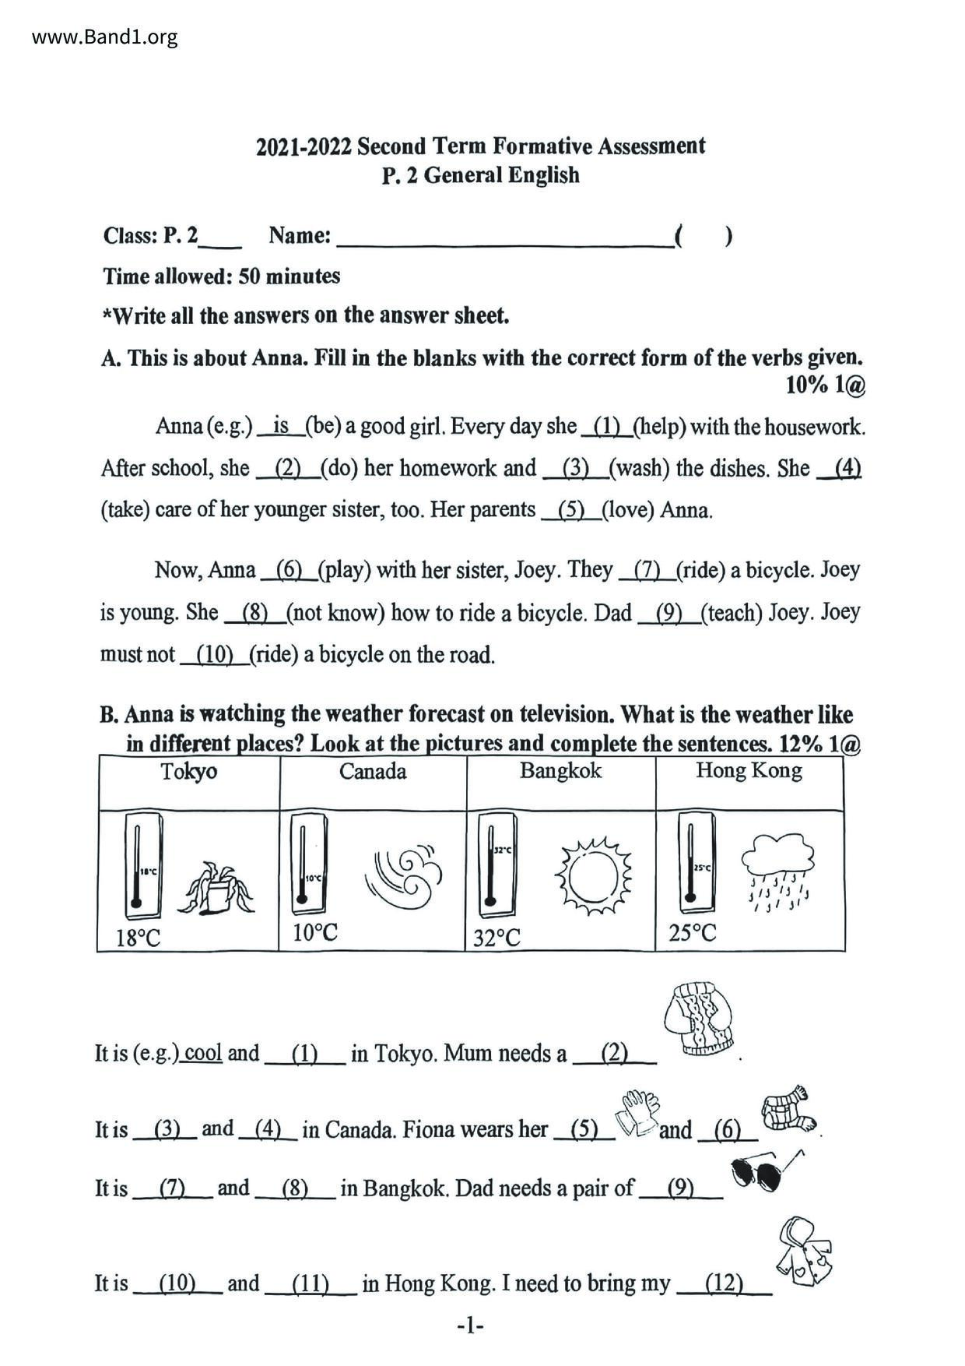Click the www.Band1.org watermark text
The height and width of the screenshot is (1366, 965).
(104, 37)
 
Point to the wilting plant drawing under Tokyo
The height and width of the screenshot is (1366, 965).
(216, 888)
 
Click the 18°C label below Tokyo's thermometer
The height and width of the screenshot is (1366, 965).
(138, 938)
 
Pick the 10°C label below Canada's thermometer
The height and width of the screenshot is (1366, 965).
(315, 932)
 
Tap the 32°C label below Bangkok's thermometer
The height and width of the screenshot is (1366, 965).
(497, 938)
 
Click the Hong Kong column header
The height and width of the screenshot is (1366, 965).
(749, 771)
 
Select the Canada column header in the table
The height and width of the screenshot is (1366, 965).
(373, 772)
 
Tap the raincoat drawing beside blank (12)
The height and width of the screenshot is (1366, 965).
(805, 1251)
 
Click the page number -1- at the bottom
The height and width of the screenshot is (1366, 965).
(471, 1326)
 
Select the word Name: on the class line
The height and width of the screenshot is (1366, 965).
(300, 235)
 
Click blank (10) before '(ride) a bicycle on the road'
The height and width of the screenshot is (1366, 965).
(214, 655)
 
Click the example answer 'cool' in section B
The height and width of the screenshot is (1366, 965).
(204, 1053)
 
